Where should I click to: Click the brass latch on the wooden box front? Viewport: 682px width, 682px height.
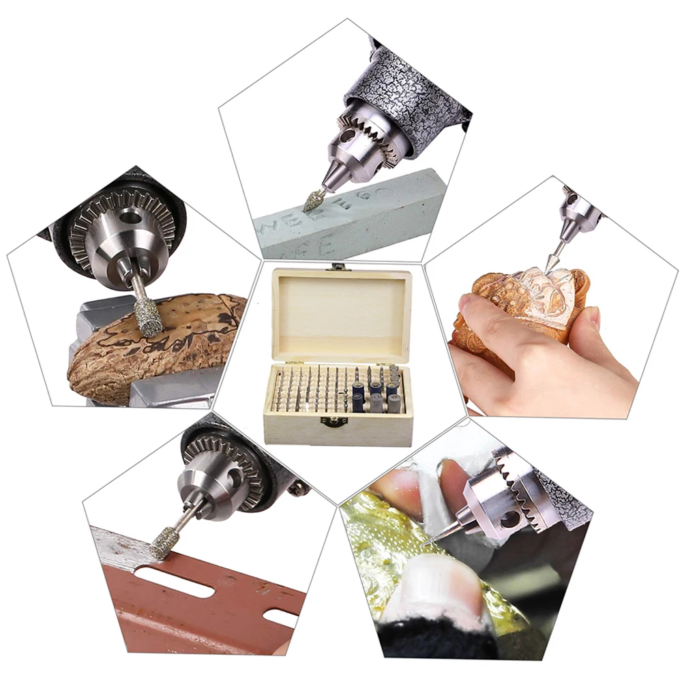(333, 421)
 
